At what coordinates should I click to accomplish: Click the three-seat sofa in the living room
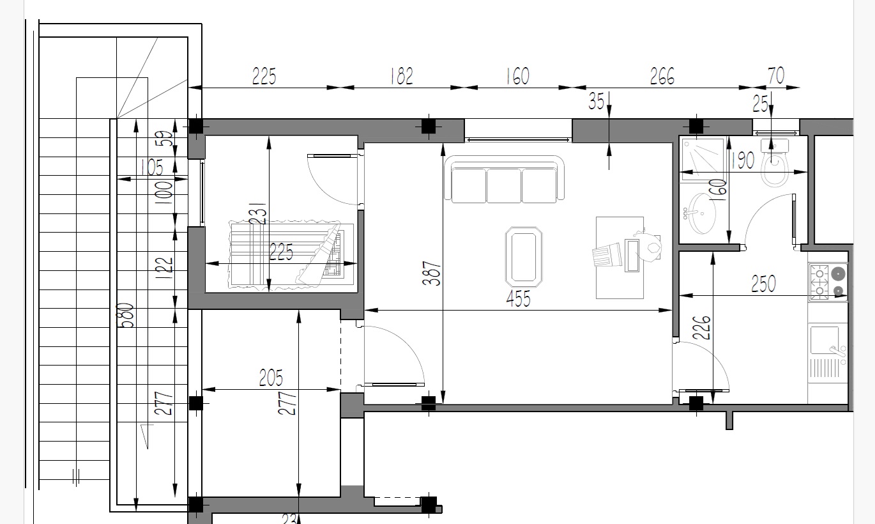click(x=504, y=180)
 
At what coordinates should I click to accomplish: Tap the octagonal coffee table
click(x=524, y=257)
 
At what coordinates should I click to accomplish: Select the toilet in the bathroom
click(x=774, y=163)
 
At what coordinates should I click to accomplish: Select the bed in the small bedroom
click(x=292, y=256)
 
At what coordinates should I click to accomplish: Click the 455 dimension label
click(x=519, y=299)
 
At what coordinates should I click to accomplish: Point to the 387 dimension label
click(x=432, y=273)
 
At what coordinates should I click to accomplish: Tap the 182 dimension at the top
click(x=402, y=76)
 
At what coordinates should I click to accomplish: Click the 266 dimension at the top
click(x=662, y=76)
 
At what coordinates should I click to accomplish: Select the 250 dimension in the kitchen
click(x=763, y=284)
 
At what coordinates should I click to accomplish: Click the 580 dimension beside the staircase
click(x=127, y=316)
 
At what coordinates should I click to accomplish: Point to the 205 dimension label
click(x=271, y=378)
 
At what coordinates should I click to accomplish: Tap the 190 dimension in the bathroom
click(x=743, y=160)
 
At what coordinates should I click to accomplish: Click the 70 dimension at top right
click(x=776, y=75)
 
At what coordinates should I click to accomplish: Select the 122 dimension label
click(x=164, y=268)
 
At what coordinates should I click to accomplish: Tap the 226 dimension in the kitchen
click(x=702, y=327)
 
